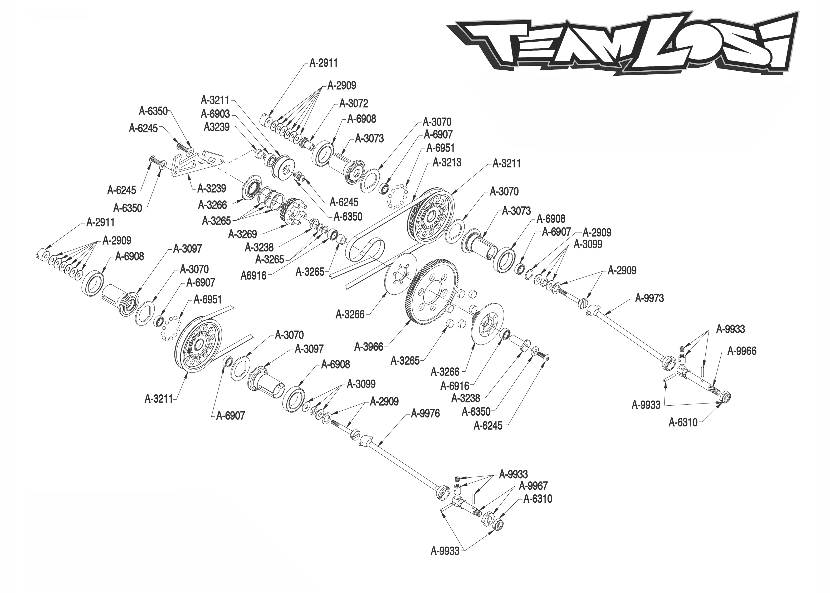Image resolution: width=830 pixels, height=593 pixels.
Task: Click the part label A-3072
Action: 353,104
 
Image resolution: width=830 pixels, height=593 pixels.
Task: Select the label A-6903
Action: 215,114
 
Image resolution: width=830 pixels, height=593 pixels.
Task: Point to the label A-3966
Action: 369,347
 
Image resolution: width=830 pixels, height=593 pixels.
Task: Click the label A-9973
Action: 649,298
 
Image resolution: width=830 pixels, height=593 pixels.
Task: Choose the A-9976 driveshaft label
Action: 425,414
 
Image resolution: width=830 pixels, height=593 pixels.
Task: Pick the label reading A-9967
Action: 533,486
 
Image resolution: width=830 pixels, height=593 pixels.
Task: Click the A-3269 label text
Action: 242,234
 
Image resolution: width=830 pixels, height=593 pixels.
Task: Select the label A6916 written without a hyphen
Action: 253,276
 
